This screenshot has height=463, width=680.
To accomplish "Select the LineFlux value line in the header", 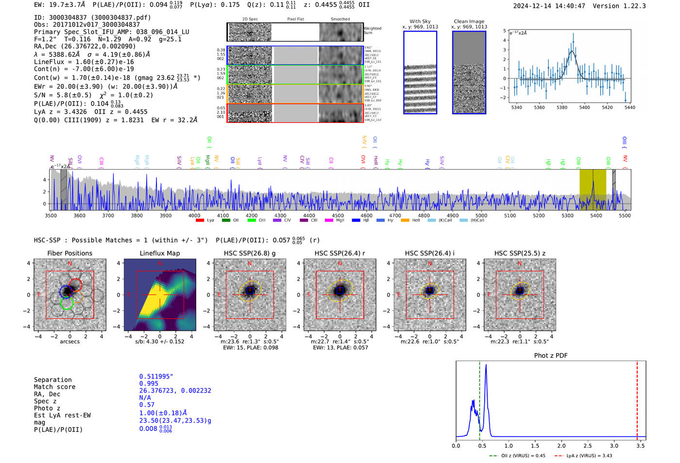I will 84,62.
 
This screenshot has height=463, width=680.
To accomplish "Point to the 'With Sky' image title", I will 420,21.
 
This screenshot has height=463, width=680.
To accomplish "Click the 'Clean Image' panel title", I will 469,21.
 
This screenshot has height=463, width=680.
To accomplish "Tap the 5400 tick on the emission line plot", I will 584,107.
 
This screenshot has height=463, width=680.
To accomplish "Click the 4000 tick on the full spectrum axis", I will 194,215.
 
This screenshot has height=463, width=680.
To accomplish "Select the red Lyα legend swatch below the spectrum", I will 200,221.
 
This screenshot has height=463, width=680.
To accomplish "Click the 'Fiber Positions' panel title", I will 69,253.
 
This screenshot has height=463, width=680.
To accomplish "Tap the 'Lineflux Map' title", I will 159,253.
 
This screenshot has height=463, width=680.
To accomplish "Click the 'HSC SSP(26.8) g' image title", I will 250,253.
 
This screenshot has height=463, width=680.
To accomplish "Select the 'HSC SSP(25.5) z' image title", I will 520,253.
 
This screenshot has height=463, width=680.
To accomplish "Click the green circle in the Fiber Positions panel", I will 66,303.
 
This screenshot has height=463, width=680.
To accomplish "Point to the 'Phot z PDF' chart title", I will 550,356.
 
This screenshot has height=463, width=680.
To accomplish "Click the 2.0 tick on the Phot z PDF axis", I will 561,446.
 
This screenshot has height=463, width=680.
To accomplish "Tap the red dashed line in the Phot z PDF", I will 637,398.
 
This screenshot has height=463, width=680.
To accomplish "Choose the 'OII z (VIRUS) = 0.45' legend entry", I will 523,456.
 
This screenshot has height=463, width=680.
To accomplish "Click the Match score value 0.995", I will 149,383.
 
